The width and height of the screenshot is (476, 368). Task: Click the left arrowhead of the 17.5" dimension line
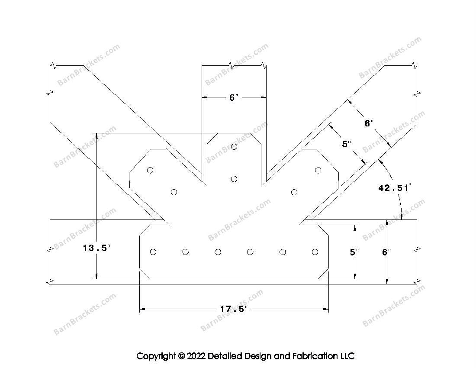[x=142, y=310]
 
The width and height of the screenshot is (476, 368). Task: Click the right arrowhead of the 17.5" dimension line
[x=326, y=310]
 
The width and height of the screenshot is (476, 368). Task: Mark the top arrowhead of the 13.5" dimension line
[x=96, y=136]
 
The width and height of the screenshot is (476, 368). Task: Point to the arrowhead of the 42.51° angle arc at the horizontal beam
[x=401, y=217]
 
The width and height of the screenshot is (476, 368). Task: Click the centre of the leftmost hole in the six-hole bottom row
[x=153, y=252]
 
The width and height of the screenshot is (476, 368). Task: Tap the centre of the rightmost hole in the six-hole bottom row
[x=315, y=252]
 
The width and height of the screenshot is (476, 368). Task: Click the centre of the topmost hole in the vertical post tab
[x=234, y=147]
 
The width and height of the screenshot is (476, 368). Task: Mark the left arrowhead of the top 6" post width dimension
[x=205, y=97]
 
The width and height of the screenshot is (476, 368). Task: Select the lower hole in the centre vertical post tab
[x=234, y=179]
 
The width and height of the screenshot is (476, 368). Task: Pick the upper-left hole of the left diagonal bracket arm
[x=150, y=170]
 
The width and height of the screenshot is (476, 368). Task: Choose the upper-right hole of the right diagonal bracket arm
[x=318, y=170]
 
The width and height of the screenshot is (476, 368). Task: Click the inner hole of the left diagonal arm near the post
[x=174, y=192]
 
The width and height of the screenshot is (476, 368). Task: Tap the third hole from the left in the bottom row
[x=218, y=252]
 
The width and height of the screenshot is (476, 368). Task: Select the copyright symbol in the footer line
[x=182, y=355]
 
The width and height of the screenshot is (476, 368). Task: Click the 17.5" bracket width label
[x=234, y=310]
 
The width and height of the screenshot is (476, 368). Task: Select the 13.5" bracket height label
[x=97, y=248]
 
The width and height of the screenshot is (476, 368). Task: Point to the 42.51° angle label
[x=395, y=187]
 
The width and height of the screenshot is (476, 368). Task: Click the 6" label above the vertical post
[x=234, y=97]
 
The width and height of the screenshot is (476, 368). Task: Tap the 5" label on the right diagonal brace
[x=346, y=144]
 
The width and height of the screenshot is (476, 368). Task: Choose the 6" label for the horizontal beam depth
[x=386, y=252]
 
